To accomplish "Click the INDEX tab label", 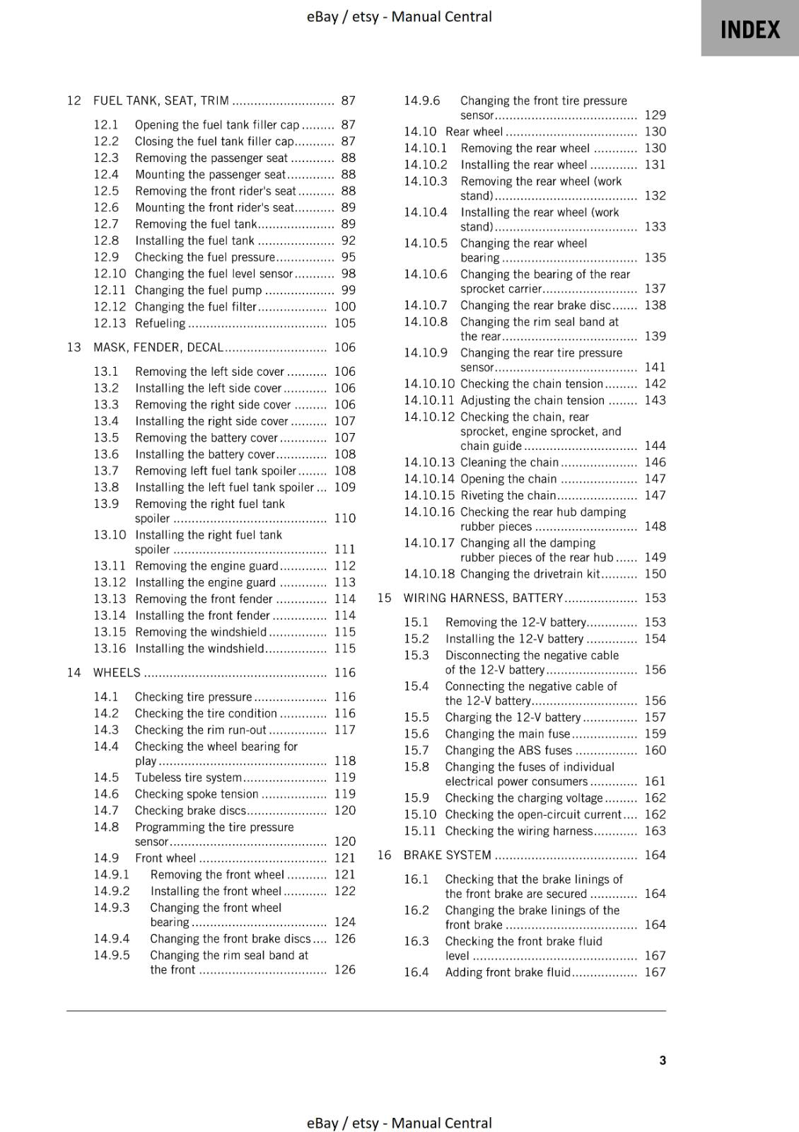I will [x=750, y=30].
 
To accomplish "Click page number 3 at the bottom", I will [x=662, y=1060].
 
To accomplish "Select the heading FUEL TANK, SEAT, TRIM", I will [x=161, y=100].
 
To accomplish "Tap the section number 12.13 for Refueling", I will [x=110, y=323].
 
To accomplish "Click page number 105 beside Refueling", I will [x=345, y=323].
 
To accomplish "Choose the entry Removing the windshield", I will [x=201, y=632].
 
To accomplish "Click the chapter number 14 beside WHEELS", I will [x=74, y=673].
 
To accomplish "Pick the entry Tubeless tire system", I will [x=188, y=778].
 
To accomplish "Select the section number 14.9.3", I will [x=112, y=908].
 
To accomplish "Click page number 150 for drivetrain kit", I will [x=655, y=574].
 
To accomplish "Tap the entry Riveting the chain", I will [x=508, y=495].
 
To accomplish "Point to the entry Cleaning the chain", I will [x=509, y=462].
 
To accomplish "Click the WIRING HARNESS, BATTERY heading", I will [x=483, y=598].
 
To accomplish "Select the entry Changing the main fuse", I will [x=507, y=734].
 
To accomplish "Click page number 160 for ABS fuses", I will [x=655, y=751].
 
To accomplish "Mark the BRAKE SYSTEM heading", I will [x=447, y=855].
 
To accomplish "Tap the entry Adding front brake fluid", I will [x=507, y=972].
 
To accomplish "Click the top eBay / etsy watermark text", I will [x=399, y=16].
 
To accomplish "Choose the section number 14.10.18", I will [x=429, y=574].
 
